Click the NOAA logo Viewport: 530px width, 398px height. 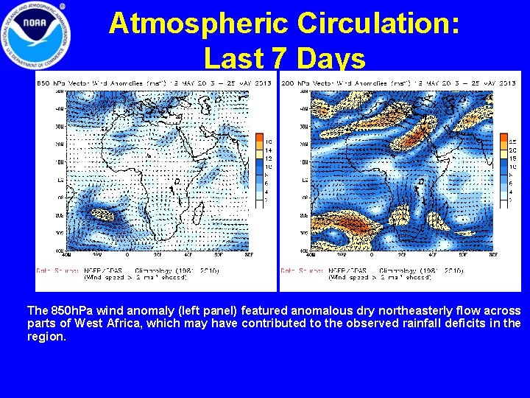tap(37, 35)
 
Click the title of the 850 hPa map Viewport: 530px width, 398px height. tap(154, 83)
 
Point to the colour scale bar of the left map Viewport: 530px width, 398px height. tap(258, 169)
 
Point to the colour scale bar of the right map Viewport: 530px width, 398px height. tap(504, 169)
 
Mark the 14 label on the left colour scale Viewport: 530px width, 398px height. tap(269, 150)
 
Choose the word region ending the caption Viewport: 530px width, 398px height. tap(46, 336)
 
